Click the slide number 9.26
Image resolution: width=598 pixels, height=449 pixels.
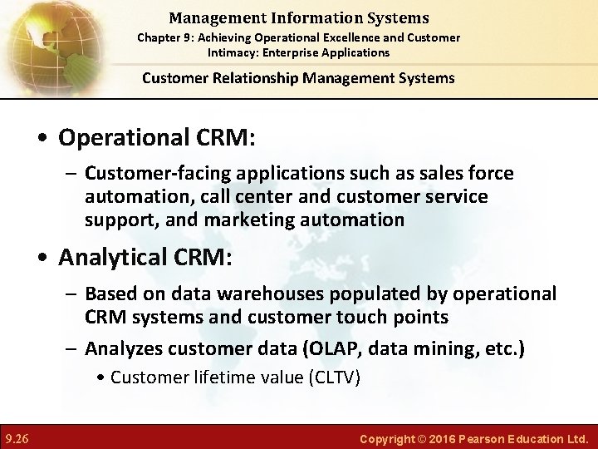(17, 437)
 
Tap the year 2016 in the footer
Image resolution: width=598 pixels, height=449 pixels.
(444, 438)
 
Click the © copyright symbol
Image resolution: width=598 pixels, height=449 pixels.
(422, 438)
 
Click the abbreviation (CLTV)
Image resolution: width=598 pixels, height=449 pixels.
(334, 377)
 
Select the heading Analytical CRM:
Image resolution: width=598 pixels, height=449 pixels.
(145, 257)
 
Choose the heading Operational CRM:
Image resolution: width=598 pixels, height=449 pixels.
(156, 137)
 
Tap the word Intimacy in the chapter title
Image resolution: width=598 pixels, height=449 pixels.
(235, 52)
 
